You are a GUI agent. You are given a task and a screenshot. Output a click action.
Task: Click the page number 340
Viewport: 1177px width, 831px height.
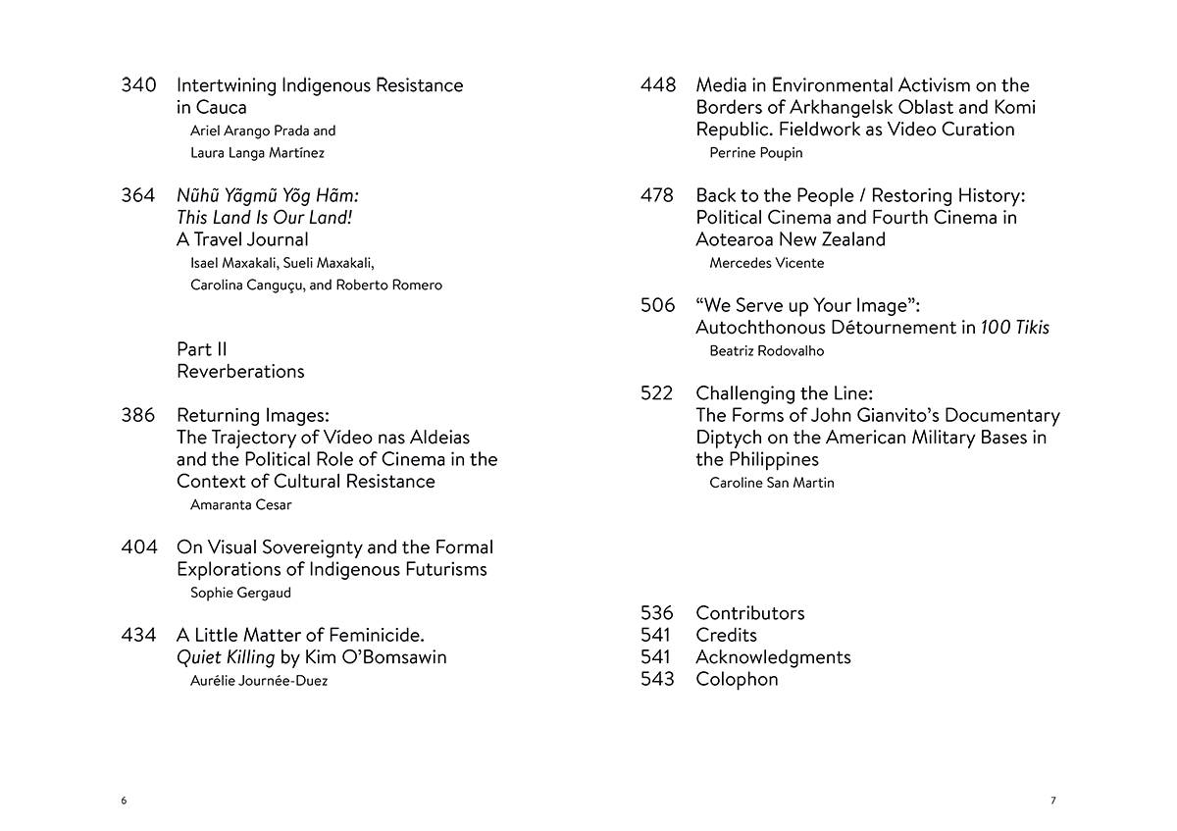point(138,85)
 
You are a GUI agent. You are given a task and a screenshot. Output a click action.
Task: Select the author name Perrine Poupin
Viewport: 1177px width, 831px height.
point(755,152)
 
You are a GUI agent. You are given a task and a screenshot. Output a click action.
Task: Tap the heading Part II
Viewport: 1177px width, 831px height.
point(202,349)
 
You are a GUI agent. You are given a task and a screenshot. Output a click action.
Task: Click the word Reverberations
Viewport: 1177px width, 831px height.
point(240,371)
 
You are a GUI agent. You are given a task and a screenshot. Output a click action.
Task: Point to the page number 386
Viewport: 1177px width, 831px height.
point(138,415)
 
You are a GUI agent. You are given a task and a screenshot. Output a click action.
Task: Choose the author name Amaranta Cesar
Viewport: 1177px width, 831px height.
point(240,504)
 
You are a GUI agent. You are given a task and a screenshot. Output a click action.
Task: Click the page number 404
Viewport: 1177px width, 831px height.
point(138,547)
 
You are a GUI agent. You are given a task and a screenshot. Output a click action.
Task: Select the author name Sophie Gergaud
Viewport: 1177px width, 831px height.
point(240,593)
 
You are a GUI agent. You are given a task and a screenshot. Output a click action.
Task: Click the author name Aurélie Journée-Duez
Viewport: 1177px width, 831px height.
point(259,681)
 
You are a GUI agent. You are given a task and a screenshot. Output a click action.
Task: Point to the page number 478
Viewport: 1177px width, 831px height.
point(657,195)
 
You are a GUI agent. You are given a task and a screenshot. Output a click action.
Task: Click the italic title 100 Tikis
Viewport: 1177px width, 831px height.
point(1015,328)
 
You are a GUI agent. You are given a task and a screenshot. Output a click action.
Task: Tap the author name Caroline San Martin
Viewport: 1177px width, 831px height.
point(772,483)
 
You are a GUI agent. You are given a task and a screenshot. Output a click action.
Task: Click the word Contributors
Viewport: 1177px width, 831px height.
point(750,613)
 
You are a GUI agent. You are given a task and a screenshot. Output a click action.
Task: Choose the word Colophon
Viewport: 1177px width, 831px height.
point(737,679)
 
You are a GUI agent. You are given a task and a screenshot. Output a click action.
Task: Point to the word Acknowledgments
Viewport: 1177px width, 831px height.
point(773,657)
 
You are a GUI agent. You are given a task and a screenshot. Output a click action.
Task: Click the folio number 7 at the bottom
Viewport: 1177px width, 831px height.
point(1053,801)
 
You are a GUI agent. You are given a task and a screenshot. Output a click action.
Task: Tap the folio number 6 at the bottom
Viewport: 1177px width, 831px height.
point(124,801)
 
